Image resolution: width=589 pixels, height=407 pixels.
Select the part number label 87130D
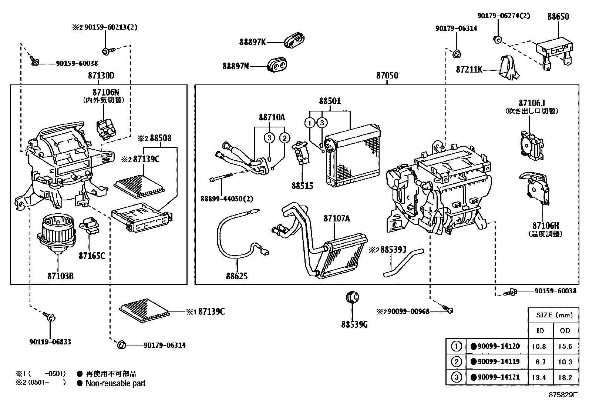[x=101, y=76]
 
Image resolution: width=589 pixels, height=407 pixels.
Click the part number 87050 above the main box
[x=387, y=76]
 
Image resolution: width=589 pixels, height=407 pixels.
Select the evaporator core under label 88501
[x=352, y=156]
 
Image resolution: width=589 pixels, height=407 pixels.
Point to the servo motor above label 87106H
[x=535, y=189]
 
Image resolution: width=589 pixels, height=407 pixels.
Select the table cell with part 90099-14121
[x=495, y=377]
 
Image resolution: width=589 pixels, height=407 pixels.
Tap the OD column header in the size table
[x=565, y=330]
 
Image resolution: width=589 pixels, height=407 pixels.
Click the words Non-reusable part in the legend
[x=115, y=384]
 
